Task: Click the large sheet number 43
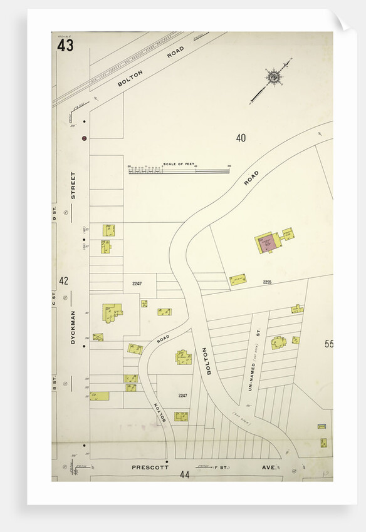click(x=65, y=46)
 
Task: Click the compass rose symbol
click(x=273, y=78)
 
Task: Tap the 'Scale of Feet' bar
click(x=179, y=170)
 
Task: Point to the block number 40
click(x=241, y=138)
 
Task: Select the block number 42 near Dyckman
click(x=64, y=281)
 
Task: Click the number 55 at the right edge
click(x=328, y=344)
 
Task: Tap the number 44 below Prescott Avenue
click(x=184, y=475)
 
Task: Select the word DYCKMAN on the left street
click(x=73, y=327)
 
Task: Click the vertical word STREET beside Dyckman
click(x=73, y=185)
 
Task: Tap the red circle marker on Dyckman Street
click(x=84, y=138)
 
